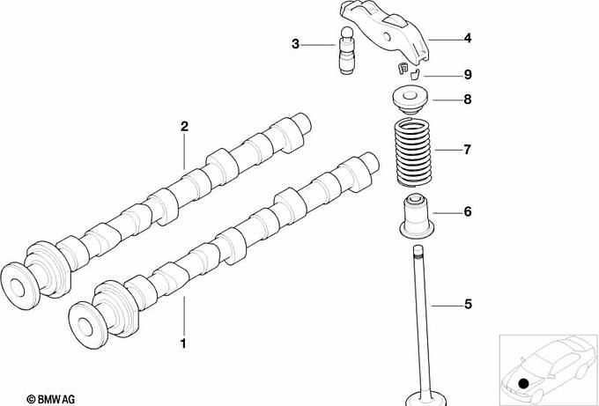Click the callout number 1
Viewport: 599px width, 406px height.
[x=183, y=343]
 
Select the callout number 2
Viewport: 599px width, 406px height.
[x=184, y=127]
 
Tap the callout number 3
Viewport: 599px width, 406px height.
[x=295, y=44]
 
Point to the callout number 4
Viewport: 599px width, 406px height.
[x=468, y=38]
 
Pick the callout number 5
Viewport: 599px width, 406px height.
[x=468, y=305]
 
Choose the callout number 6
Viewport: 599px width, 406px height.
[x=468, y=211]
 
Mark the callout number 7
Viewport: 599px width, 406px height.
[x=468, y=150]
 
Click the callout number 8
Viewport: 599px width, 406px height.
[x=468, y=100]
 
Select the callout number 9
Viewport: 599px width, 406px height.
[x=468, y=75]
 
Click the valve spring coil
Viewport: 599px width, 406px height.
[x=412, y=152]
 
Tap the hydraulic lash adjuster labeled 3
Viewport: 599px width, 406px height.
[x=346, y=49]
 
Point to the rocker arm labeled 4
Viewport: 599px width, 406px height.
[x=386, y=33]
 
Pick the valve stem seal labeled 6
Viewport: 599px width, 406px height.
[x=417, y=216]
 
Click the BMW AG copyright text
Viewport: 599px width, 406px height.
[x=51, y=400]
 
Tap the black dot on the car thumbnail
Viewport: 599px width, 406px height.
[x=524, y=383]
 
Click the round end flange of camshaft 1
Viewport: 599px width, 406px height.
[x=89, y=325]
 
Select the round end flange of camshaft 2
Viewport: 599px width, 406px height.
[x=19, y=286]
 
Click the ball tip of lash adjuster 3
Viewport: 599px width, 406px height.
[x=346, y=32]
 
